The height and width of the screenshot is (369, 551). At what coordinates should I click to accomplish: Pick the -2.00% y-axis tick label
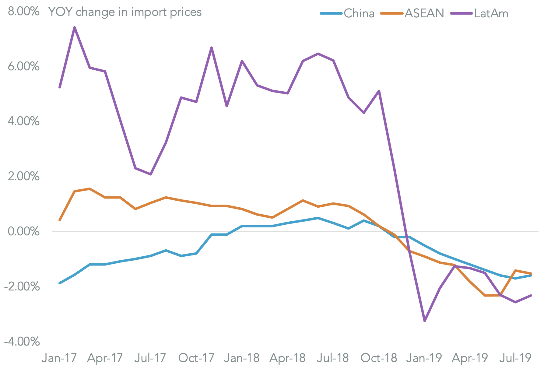coord(22,286)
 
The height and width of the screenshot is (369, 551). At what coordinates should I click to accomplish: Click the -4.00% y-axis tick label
coord(22,341)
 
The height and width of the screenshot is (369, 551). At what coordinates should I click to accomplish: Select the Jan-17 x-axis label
coord(59,358)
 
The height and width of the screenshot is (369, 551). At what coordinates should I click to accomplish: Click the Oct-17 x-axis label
coord(196,358)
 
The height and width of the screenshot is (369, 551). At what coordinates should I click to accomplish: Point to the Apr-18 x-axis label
coord(287,358)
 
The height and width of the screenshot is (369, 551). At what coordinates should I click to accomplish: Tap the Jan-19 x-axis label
coord(424,358)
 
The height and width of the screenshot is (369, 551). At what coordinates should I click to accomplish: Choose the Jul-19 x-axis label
coord(515,358)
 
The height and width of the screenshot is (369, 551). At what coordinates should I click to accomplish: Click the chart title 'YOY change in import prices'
coord(125,12)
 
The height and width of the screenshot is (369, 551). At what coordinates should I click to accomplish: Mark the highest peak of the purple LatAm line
coord(75,27)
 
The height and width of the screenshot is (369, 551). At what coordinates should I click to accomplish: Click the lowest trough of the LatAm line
coord(424,321)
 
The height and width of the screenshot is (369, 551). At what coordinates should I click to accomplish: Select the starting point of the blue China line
coord(60,283)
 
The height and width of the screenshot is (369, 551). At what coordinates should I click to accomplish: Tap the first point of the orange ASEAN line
coord(60,220)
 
